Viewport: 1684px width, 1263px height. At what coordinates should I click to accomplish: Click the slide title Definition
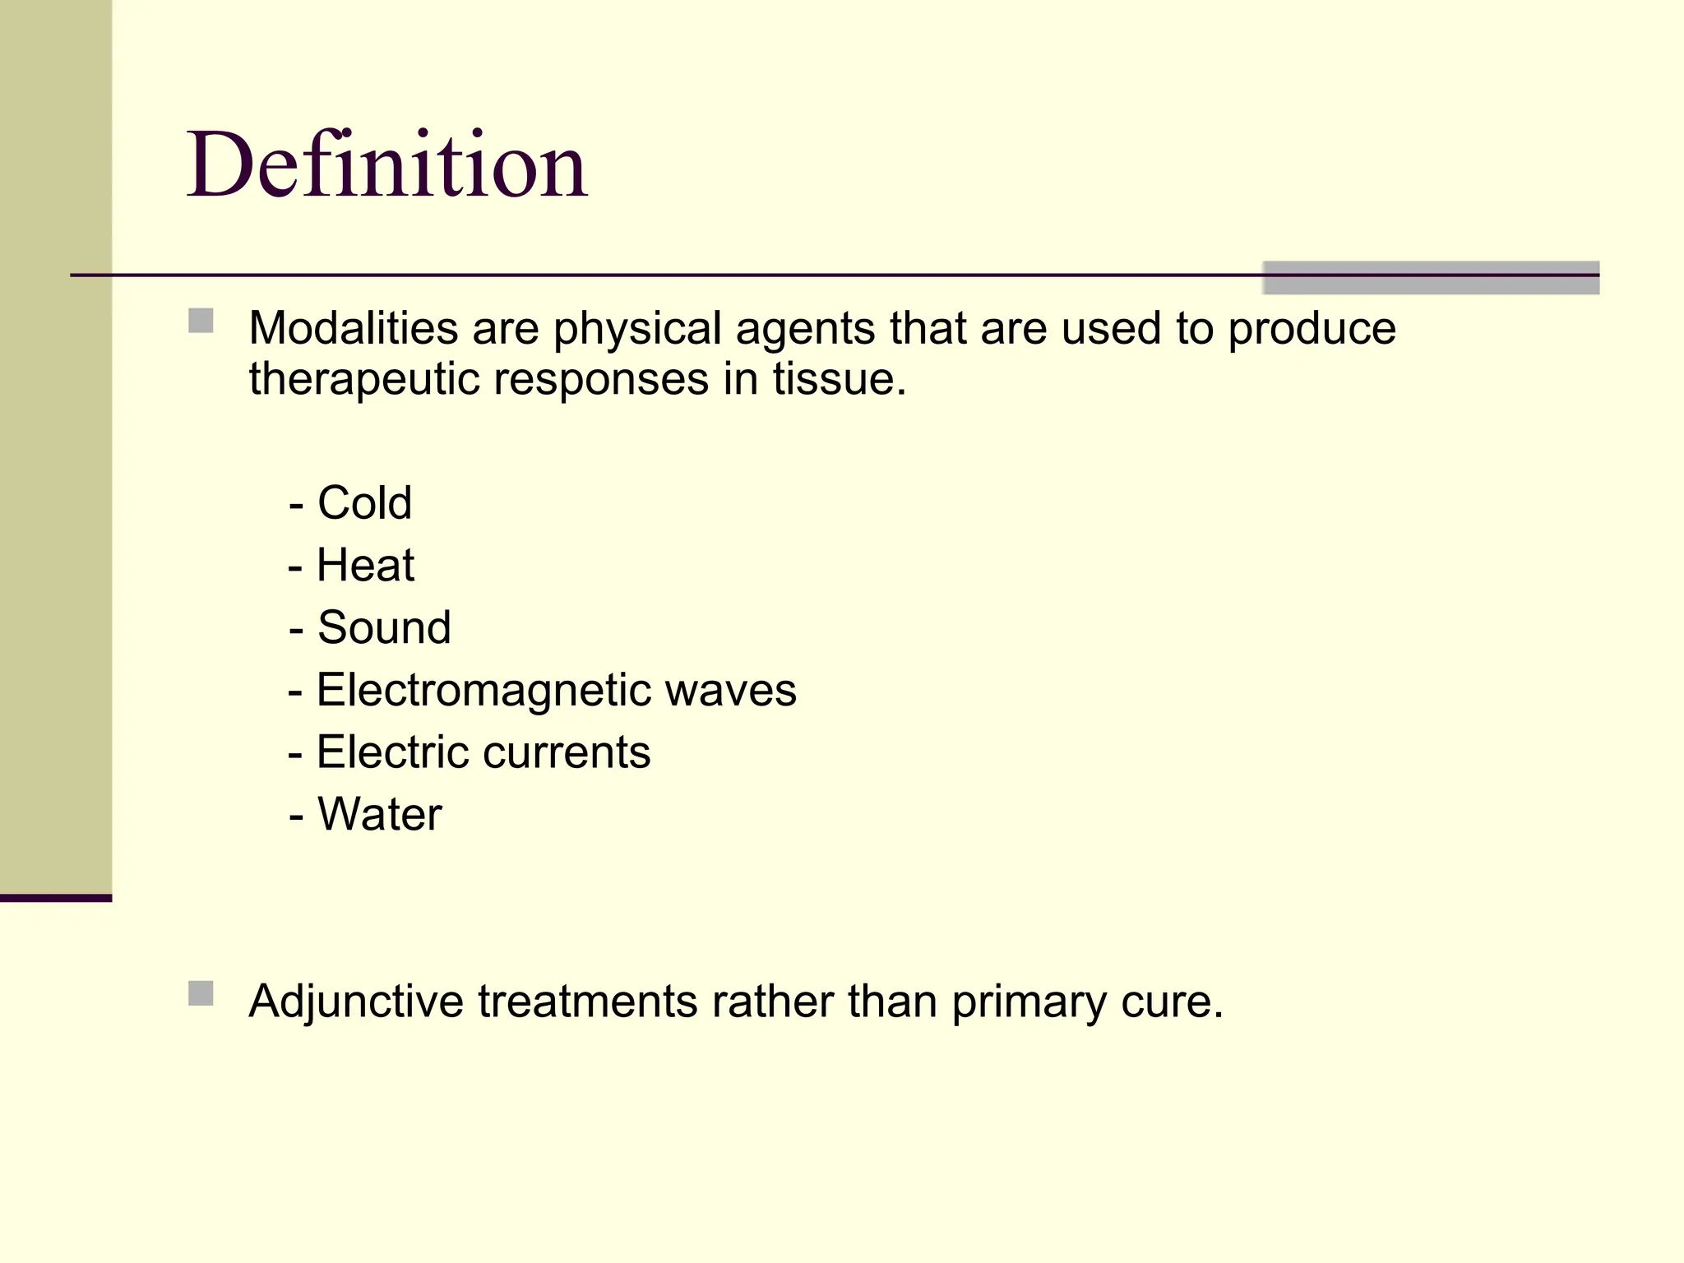(386, 166)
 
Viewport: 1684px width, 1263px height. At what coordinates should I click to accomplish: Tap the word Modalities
(353, 329)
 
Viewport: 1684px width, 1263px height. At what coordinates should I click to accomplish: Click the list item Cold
(364, 503)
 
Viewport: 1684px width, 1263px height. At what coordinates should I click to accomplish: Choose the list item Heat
(365, 566)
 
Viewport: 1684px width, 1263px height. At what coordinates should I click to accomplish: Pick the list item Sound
(384, 628)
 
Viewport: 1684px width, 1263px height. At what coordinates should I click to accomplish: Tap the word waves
(730, 691)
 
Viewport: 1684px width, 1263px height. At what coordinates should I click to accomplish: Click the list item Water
(379, 815)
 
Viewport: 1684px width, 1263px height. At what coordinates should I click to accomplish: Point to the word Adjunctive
(356, 1002)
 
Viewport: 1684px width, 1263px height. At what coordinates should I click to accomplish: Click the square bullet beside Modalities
(201, 321)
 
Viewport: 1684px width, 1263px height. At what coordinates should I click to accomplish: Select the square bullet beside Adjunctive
(201, 993)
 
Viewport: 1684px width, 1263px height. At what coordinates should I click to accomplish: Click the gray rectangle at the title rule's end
(1431, 278)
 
